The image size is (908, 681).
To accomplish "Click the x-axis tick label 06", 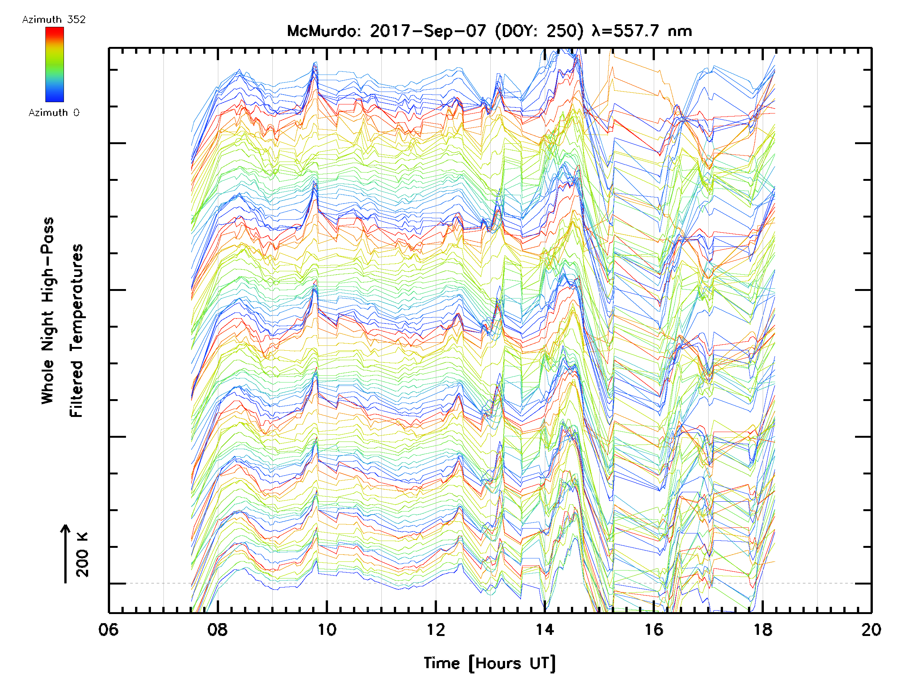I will point(108,630).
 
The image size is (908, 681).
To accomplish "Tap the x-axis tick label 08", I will point(218,630).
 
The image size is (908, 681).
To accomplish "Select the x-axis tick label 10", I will point(327,630).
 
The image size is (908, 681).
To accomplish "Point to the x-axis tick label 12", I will point(435,630).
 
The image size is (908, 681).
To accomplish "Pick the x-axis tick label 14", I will point(545,630).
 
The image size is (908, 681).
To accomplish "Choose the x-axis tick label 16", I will point(654,630).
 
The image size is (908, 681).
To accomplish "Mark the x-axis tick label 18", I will point(763,630).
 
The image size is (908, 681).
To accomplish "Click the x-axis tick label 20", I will point(871,630).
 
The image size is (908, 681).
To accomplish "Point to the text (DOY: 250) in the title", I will point(539,31).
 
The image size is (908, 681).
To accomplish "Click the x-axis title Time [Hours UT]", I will point(489,663).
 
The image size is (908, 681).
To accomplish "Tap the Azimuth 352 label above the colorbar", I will point(54,20).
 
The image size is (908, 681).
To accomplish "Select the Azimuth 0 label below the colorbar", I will point(54,113).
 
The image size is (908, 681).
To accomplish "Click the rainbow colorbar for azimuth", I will point(54,64).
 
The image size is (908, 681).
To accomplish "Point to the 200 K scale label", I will point(82,555).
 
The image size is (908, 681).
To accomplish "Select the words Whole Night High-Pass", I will point(48,311).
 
